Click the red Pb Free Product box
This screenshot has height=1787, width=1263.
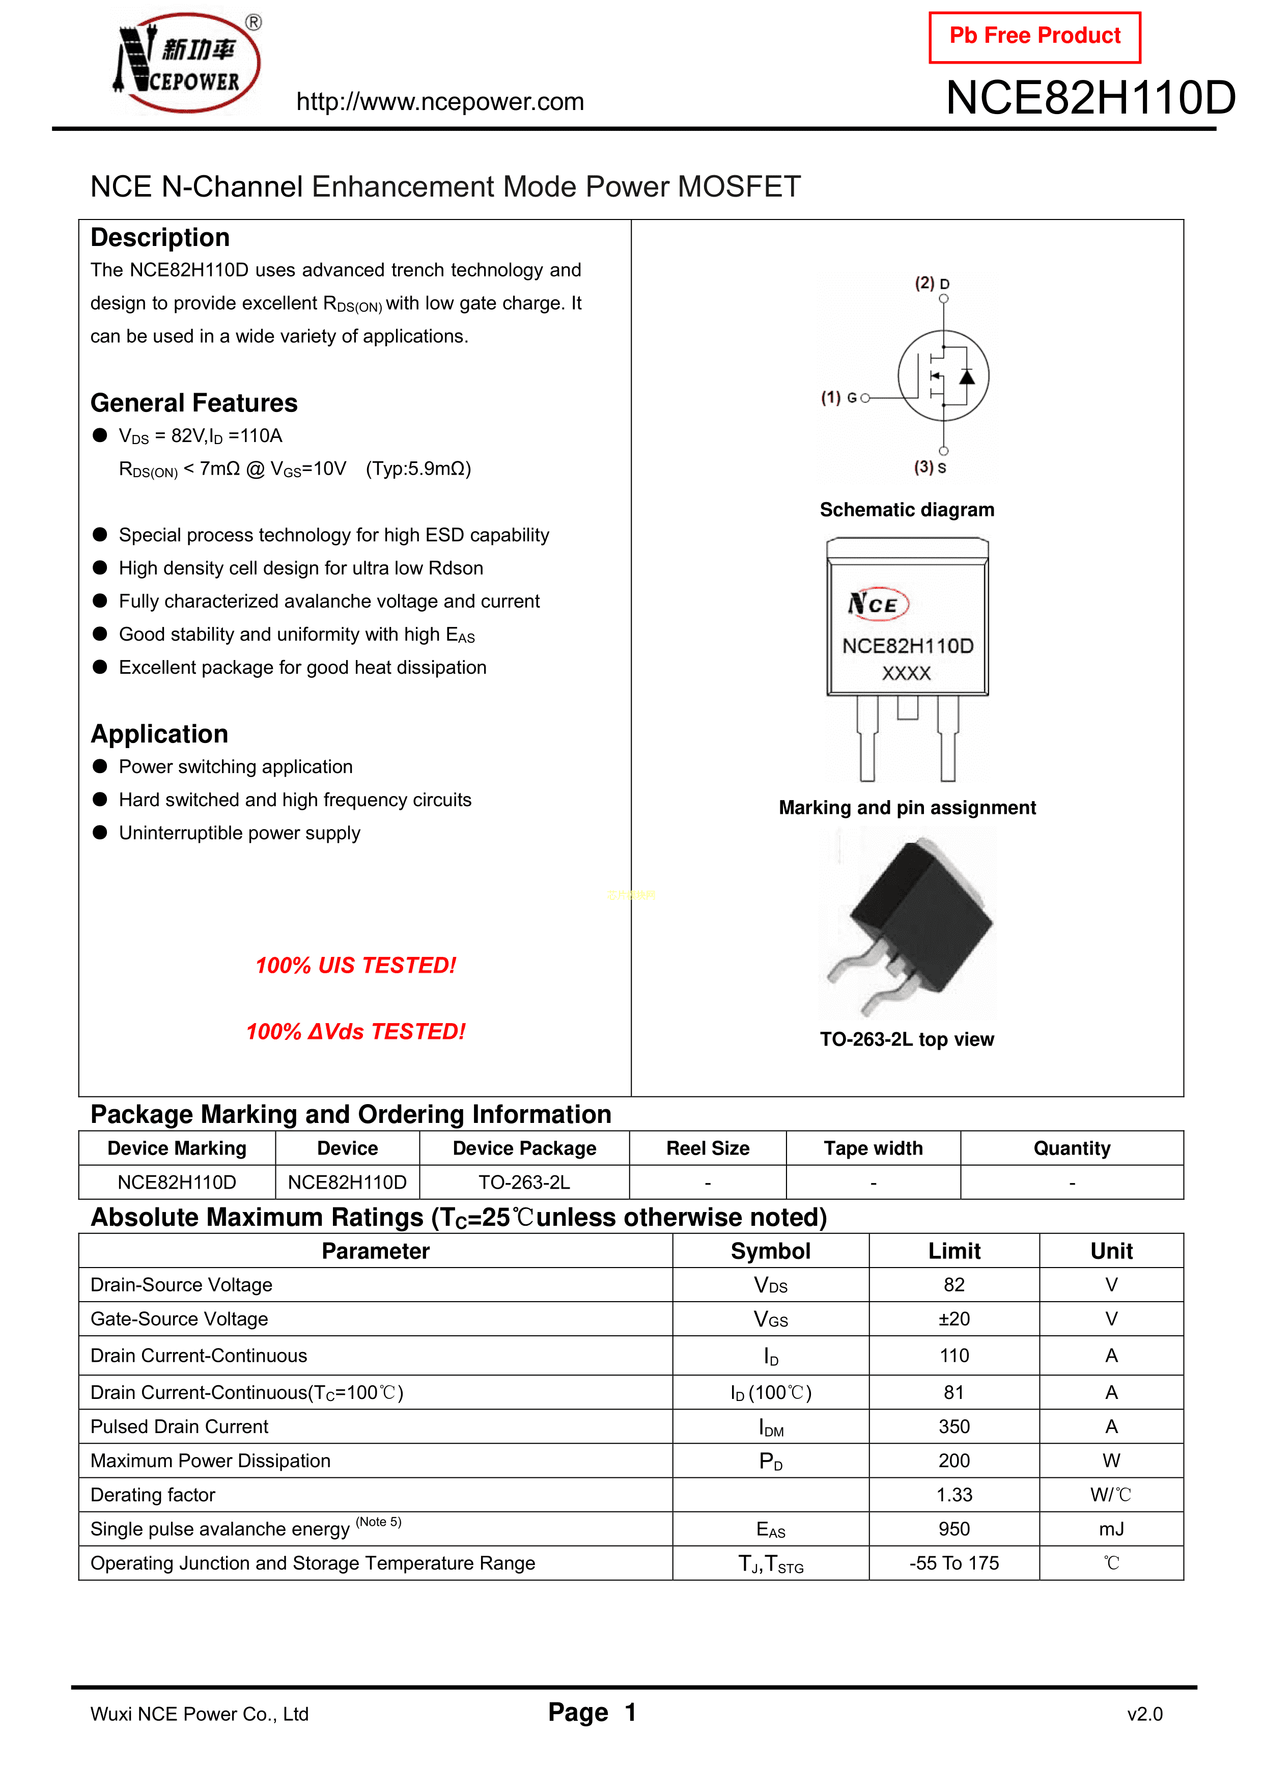(1034, 37)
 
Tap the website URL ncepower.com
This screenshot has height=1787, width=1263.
(440, 102)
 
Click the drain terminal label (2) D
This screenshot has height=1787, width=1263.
(932, 283)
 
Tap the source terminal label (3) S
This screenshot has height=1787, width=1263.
(930, 467)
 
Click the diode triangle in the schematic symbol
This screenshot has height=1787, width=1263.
(967, 377)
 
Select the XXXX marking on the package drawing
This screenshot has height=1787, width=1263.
(907, 673)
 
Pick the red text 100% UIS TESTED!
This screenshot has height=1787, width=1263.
(356, 966)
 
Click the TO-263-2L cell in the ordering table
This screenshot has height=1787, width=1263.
(524, 1183)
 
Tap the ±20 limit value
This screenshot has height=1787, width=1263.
(954, 1319)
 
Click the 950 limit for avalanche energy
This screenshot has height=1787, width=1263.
(954, 1529)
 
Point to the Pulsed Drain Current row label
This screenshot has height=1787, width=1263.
(180, 1426)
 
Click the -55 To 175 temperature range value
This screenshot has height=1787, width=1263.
(954, 1563)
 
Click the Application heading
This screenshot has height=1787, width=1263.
(159, 734)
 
